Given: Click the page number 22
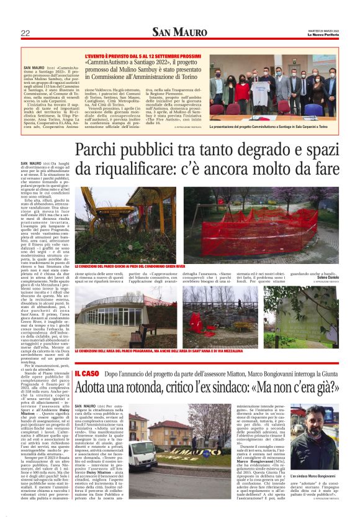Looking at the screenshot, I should coord(25,33).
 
